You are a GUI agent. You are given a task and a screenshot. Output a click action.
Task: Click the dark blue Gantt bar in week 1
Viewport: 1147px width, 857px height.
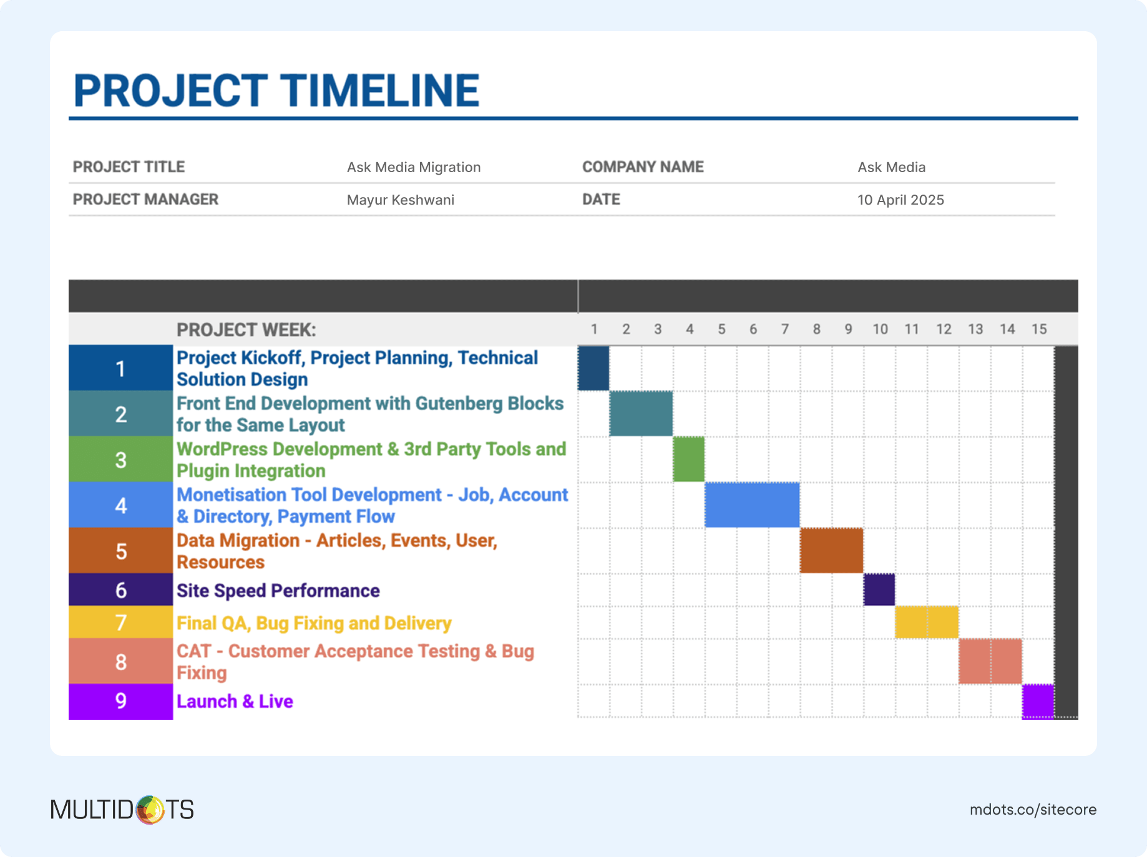click(593, 368)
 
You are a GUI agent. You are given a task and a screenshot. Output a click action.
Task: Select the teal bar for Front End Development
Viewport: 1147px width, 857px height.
click(641, 414)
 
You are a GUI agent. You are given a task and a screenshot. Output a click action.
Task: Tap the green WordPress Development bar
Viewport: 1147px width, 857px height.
click(689, 459)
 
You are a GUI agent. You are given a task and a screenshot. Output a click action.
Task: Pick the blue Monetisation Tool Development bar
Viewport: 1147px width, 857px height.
click(753, 505)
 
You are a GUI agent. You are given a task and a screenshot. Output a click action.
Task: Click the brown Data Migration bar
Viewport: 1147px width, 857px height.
click(832, 550)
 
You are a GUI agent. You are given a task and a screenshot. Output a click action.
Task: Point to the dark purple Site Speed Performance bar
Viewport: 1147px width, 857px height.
click(879, 589)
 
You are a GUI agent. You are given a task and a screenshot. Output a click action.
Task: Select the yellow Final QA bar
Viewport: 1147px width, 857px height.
click(927, 622)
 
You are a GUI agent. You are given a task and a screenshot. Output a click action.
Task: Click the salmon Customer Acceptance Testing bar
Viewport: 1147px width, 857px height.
click(990, 661)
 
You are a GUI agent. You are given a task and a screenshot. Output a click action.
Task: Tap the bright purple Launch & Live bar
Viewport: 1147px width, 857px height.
click(1038, 701)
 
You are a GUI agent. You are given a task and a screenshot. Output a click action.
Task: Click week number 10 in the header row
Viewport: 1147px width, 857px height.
click(880, 329)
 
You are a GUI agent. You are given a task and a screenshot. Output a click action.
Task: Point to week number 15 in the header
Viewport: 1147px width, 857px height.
click(1039, 329)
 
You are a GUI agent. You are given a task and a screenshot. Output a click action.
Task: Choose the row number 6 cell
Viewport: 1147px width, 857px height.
click(120, 589)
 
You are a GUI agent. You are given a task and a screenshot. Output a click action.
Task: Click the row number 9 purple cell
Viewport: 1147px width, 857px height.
click(120, 701)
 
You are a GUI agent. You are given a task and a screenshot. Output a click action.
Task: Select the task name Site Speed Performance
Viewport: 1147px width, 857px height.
click(278, 591)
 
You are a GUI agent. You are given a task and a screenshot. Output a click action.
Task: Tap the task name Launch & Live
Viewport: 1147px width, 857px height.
click(235, 701)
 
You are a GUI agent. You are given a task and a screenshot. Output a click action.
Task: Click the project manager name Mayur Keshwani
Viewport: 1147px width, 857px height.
click(401, 200)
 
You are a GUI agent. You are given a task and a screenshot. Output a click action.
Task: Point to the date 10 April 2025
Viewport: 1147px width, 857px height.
click(901, 200)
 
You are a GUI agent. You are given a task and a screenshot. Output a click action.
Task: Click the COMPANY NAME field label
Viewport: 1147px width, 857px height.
click(643, 167)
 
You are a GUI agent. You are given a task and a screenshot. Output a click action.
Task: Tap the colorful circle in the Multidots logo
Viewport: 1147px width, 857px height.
click(150, 810)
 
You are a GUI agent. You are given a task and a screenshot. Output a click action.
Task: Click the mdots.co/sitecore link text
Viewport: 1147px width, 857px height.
click(1033, 810)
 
